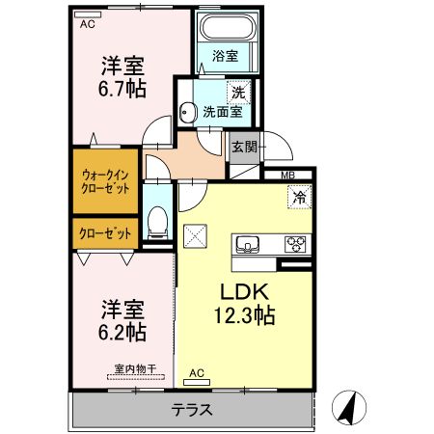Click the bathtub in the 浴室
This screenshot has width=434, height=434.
[x=228, y=27]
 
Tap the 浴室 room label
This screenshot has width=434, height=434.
[x=225, y=56]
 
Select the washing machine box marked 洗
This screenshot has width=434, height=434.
[x=238, y=93]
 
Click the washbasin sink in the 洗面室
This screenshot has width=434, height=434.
[x=187, y=113]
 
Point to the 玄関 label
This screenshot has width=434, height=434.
[x=244, y=148]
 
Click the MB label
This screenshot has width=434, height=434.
[x=287, y=176]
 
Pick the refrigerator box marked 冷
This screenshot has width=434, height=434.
[x=300, y=197]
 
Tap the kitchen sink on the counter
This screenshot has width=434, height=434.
[x=248, y=245]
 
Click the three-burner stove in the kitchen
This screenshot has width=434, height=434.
[x=295, y=244]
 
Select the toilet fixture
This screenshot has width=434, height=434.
[x=157, y=222]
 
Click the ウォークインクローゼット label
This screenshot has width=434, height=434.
[x=105, y=182]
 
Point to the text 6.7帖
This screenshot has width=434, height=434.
[x=122, y=89]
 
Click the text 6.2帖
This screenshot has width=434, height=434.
[x=122, y=333]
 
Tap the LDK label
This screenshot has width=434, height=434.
[x=244, y=291]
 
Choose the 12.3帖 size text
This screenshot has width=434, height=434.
[x=244, y=315]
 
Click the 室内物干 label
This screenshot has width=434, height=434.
[x=135, y=368]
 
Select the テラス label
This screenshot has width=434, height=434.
[x=192, y=410]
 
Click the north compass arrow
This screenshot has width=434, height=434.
[x=349, y=407]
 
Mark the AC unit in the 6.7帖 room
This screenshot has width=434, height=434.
[x=88, y=14]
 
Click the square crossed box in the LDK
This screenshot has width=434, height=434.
[x=195, y=236]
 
